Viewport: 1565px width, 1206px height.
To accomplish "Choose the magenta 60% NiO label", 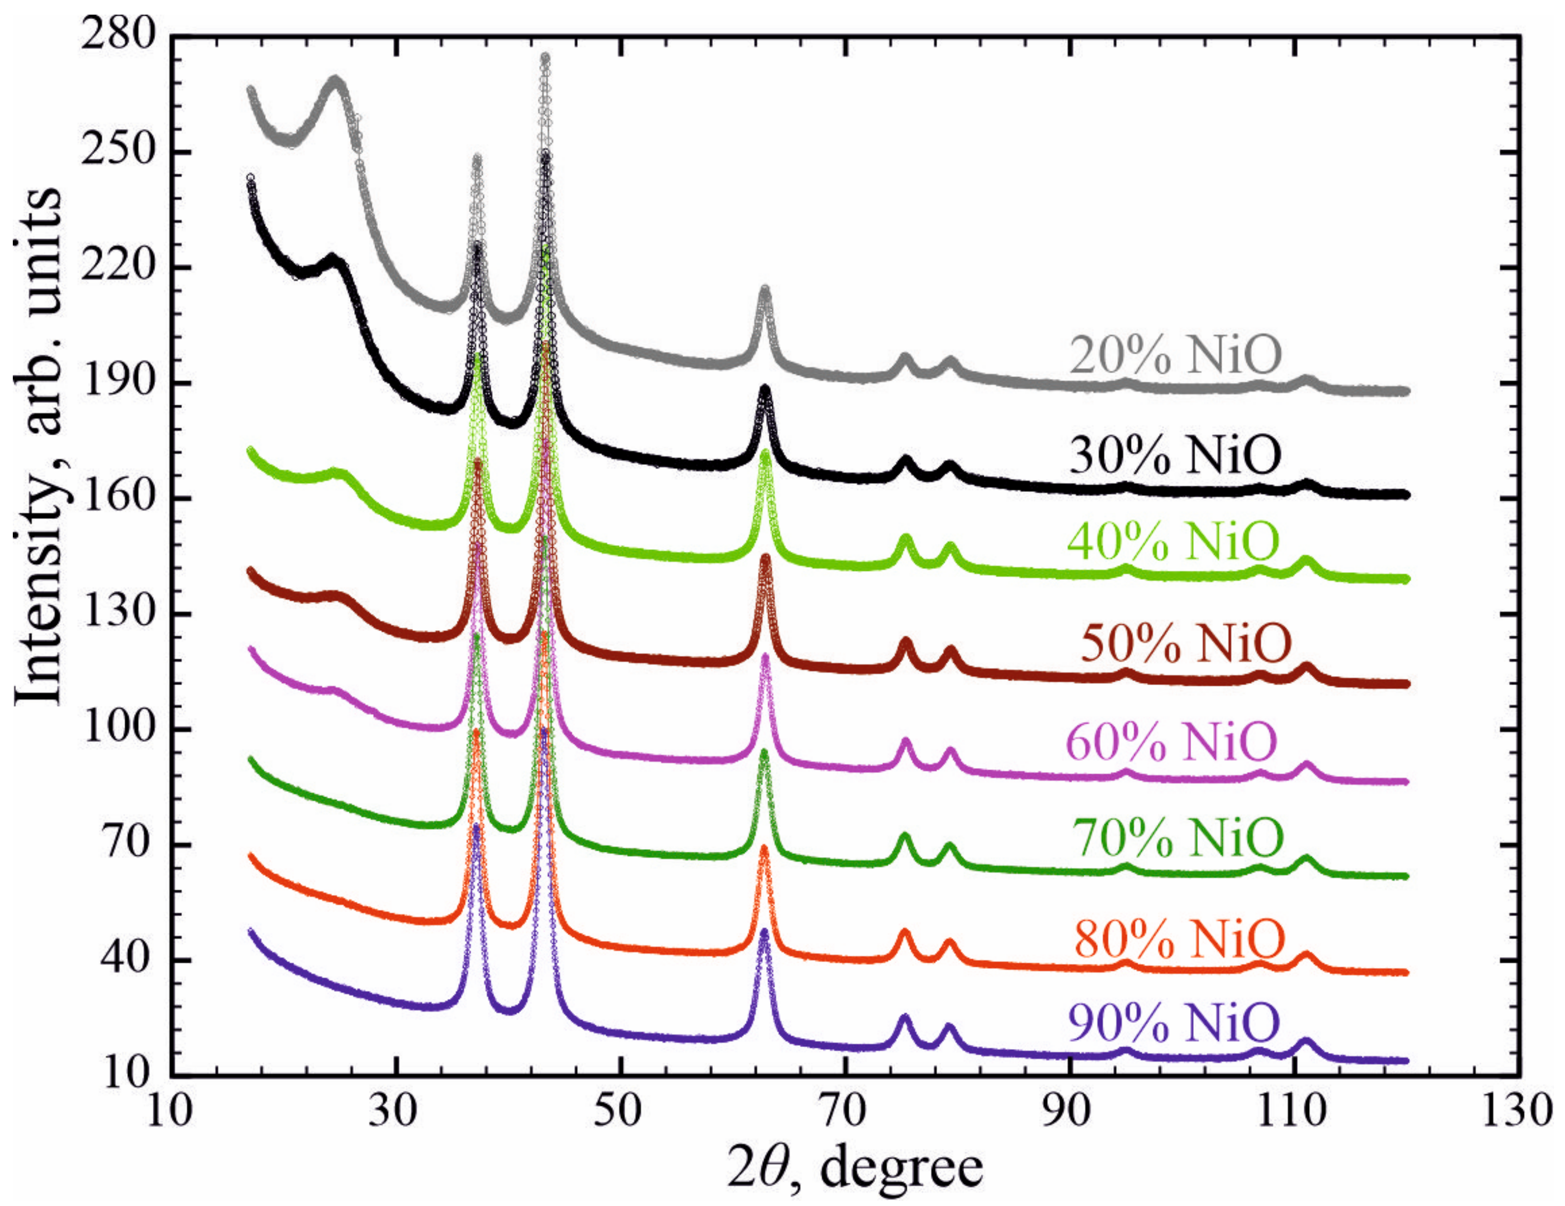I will click(1172, 741).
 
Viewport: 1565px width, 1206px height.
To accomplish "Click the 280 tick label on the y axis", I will click(118, 36).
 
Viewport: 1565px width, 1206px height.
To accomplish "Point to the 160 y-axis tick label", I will click(118, 498).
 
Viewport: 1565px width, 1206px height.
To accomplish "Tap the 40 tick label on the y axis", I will click(129, 960).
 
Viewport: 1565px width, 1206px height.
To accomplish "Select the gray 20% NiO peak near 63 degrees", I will click(765, 290).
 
